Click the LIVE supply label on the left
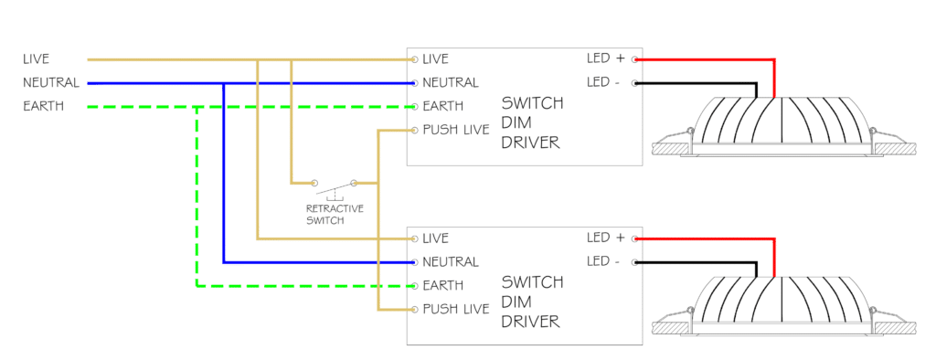(x=36, y=59)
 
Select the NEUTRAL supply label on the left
(x=51, y=82)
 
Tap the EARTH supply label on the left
(x=43, y=106)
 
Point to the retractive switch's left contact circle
(x=314, y=182)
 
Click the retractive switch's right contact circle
(x=354, y=182)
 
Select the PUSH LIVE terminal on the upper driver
(x=414, y=130)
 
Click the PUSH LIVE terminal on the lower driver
(x=414, y=309)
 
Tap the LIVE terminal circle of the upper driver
(x=414, y=59)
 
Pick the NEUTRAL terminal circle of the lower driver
(x=414, y=262)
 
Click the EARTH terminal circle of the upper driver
(x=414, y=106)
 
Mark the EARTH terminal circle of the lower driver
(x=414, y=286)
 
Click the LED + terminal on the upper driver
(x=635, y=59)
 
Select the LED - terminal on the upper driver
(x=635, y=82)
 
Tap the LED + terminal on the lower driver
(x=635, y=238)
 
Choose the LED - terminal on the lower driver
(x=635, y=262)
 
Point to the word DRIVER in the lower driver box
(x=531, y=322)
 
